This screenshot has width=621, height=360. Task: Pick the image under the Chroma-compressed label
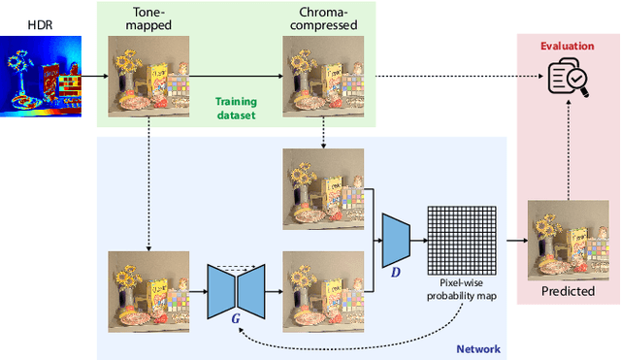(x=322, y=77)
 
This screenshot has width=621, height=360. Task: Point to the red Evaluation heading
(x=567, y=45)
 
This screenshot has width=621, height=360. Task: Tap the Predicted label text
(x=567, y=290)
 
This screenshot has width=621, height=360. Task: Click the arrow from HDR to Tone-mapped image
(x=92, y=76)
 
